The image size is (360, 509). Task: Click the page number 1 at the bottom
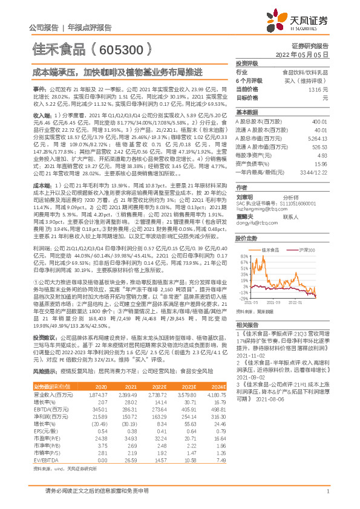[327, 499]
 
